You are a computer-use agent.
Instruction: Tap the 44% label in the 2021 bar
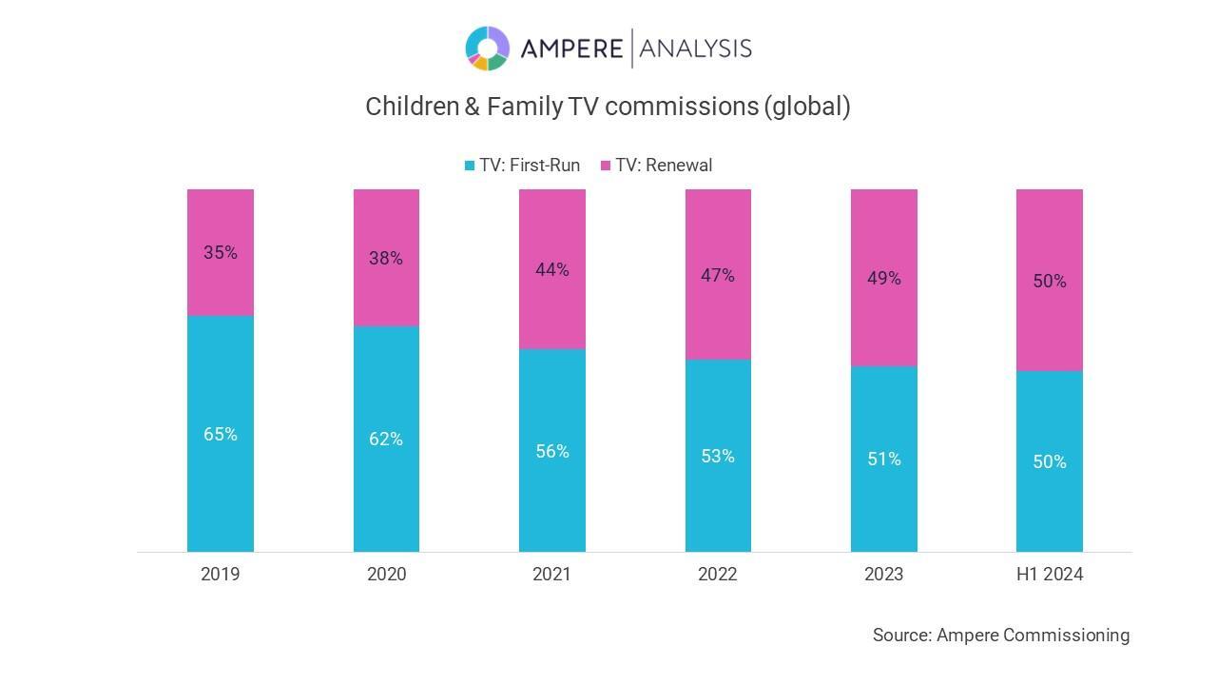[x=551, y=270]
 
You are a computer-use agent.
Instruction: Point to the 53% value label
[x=718, y=457]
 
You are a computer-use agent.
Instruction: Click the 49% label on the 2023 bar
[x=883, y=279]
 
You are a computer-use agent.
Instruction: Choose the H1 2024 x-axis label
[x=1050, y=575]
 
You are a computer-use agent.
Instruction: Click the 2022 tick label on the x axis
[x=718, y=575]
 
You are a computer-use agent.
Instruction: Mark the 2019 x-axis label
[x=221, y=575]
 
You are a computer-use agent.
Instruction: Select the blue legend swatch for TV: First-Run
[x=470, y=166]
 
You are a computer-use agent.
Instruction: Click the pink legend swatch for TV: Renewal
[x=606, y=166]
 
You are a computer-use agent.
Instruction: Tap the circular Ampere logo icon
[x=487, y=49]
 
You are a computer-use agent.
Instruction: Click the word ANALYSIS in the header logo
[x=696, y=49]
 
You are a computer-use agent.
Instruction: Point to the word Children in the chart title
[x=412, y=107]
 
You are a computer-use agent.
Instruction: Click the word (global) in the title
[x=806, y=107]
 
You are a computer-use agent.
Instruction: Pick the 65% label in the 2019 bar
[x=221, y=435]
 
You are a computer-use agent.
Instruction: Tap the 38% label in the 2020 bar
[x=386, y=259]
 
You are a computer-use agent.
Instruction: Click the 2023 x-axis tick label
[x=883, y=575]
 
